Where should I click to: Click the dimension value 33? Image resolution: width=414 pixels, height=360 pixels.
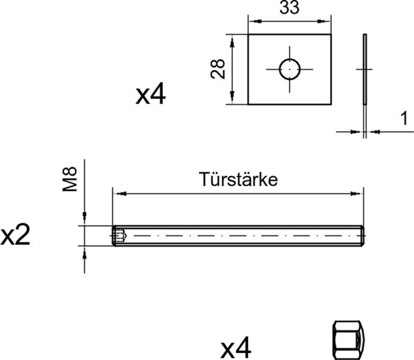290,8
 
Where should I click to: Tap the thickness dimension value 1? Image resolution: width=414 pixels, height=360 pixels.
403,119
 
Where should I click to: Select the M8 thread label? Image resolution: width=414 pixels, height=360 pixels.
70,179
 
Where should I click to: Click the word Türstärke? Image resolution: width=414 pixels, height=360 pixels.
239,179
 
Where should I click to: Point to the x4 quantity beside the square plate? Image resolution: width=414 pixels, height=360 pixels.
151,95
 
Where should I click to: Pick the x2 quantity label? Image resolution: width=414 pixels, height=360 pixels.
16,236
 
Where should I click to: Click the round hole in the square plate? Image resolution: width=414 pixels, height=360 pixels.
289,69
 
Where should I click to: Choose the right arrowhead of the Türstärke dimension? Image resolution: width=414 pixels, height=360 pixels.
358,194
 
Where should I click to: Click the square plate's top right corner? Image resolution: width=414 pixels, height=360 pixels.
330,35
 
